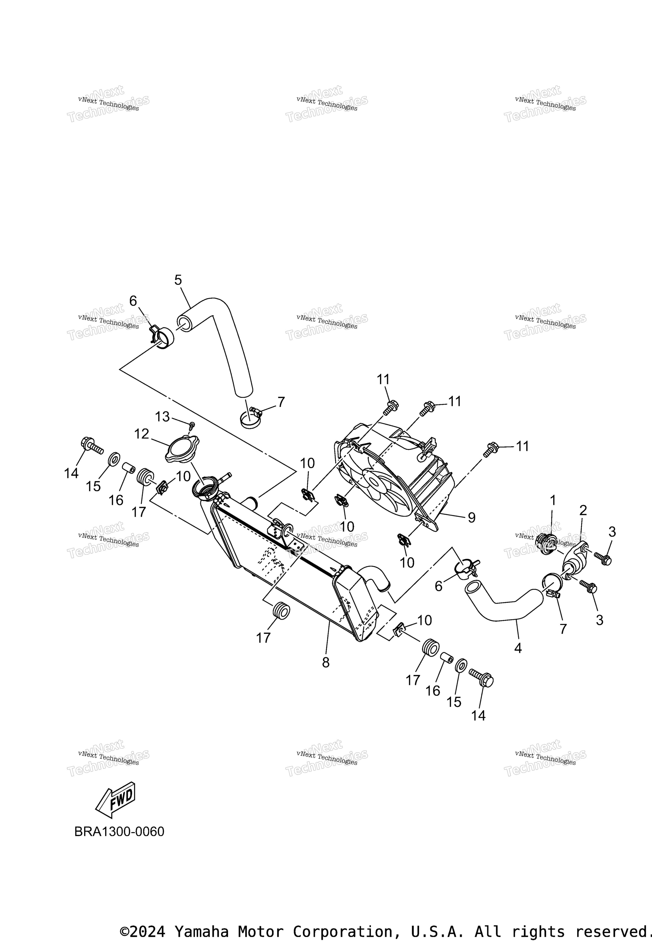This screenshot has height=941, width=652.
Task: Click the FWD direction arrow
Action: [x=115, y=800]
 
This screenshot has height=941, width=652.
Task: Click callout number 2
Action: [x=583, y=510]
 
